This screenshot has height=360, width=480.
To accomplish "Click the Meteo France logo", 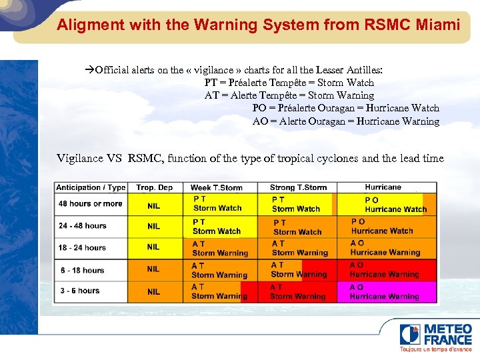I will [437, 337].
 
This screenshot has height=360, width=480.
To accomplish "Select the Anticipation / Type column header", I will [91, 187].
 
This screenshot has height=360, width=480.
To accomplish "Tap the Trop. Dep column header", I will [154, 187].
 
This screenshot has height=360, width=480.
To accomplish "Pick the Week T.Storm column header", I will [217, 187].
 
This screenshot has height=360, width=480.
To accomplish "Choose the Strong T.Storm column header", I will [298, 187].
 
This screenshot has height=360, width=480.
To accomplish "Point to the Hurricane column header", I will [383, 187].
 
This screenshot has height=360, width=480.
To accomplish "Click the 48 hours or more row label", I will [91, 203].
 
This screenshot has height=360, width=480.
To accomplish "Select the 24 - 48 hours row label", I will [83, 225].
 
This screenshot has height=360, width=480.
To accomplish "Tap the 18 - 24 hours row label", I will [83, 247].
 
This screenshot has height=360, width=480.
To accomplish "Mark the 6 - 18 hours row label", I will [82, 270].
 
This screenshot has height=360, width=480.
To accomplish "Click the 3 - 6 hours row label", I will [79, 291].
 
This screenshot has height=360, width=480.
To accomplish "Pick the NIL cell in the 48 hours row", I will [154, 205].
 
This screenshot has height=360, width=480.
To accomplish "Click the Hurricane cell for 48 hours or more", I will [387, 204].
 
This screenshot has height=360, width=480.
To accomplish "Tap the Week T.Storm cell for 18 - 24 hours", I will [220, 249].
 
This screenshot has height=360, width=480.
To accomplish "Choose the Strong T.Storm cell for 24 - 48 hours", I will [298, 227].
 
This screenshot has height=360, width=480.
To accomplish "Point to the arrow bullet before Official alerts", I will [91, 70].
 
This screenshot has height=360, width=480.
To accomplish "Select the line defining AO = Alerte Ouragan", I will [346, 121].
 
